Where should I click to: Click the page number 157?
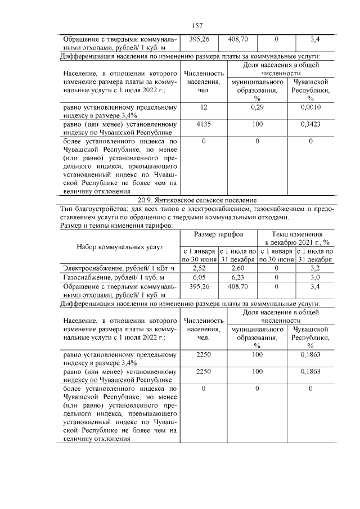pyautogui.click(x=197, y=26)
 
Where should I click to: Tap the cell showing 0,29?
pyautogui.click(x=257, y=107)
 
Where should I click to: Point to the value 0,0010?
pyautogui.click(x=310, y=107)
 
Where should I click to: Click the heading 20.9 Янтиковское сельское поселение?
pyautogui.click(x=197, y=200)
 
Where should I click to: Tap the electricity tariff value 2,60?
pyautogui.click(x=237, y=268)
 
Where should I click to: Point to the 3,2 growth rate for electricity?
pyautogui.click(x=316, y=268)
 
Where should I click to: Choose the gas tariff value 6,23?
pyautogui.click(x=237, y=277)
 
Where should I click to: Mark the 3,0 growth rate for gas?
pyautogui.click(x=316, y=277)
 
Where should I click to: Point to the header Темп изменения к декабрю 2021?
pyautogui.click(x=296, y=237)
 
